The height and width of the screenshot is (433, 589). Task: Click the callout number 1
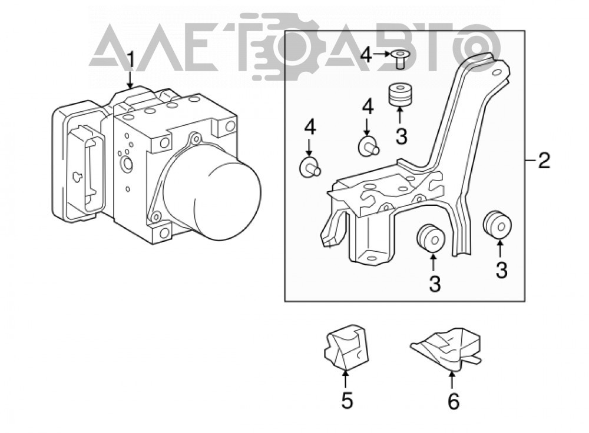130,61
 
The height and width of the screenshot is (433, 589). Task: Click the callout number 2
544,160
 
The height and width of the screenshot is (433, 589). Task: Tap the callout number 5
347,400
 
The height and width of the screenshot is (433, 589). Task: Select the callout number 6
454,401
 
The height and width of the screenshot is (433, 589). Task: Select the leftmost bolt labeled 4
310,168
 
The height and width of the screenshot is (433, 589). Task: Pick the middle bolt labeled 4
369,146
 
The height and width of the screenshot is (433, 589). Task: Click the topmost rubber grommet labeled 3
400,95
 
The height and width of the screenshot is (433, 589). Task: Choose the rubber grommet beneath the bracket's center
431,238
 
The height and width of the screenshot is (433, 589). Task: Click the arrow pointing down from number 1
130,78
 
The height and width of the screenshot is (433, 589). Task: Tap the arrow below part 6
452,379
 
